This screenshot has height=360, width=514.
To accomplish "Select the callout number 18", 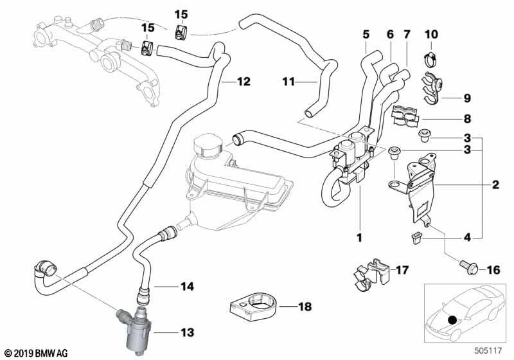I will [305, 307].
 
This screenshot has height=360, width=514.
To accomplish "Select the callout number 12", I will [244, 82].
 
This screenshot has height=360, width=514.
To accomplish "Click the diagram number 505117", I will [489, 352].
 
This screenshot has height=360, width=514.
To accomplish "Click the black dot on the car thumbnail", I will [454, 319].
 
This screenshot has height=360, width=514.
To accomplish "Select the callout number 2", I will [495, 186].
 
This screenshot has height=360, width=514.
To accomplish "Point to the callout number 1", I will [360, 237].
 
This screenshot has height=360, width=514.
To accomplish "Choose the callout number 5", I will [366, 33].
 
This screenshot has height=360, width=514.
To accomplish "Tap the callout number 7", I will [406, 33].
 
